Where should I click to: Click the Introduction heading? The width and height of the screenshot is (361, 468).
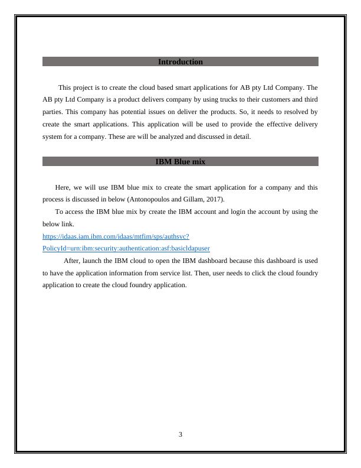pos(180,62)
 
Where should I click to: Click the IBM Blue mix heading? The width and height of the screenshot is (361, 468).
pos(180,161)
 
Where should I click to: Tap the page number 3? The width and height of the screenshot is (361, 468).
pos(180,435)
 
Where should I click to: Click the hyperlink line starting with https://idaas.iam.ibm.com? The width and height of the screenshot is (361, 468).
pos(116,236)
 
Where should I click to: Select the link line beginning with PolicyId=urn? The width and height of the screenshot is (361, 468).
pos(126,249)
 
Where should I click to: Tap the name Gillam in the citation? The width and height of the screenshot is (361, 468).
pos(190,199)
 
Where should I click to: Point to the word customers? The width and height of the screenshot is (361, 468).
pos(241,100)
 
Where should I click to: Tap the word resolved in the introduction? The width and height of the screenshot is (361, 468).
pos(293,112)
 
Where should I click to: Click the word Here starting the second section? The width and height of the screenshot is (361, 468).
pos(61,187)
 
